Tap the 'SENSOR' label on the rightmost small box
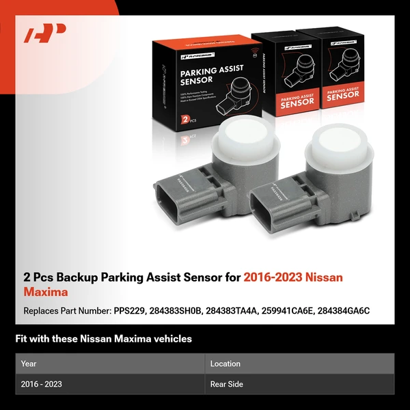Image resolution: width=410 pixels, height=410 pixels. tap(344, 96)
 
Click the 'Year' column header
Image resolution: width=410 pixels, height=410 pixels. tap(29, 364)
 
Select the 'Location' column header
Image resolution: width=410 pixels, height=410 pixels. tap(225, 364)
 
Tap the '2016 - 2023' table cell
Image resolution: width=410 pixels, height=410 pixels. tap(42, 384)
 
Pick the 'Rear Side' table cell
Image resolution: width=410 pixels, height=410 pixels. tap(227, 384)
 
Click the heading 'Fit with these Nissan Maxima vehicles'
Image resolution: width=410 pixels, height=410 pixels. tap(103, 338)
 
